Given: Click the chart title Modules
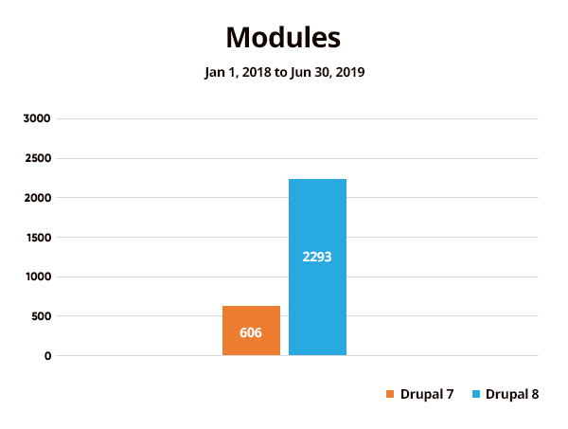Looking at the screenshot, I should click(x=283, y=38).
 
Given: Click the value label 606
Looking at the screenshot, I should click(x=251, y=332).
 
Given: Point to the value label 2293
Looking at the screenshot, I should click(x=317, y=257).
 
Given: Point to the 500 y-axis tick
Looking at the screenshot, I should click(x=42, y=316).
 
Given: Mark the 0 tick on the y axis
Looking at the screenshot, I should click(x=47, y=356).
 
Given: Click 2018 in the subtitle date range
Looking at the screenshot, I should click(x=257, y=72).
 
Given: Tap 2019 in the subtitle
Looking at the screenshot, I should click(x=348, y=72).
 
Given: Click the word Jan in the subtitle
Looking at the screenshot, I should click(x=216, y=72).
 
